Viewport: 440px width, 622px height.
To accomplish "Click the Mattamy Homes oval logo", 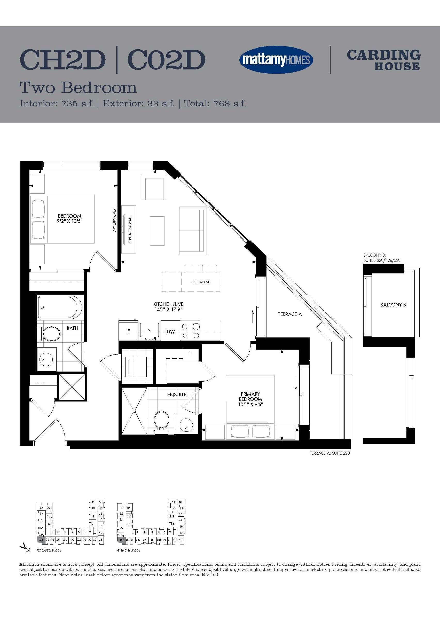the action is click(x=276, y=60).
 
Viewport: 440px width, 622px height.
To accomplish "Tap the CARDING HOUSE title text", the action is click(x=383, y=60).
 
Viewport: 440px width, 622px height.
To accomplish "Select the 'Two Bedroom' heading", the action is click(x=78, y=88).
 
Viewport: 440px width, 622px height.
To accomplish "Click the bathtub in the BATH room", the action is click(x=60, y=307).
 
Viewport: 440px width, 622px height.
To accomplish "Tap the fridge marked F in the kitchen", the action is click(x=129, y=331).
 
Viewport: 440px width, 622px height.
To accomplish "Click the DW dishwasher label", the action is click(x=170, y=331).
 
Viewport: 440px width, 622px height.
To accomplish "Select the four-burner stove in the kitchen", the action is click(x=191, y=331).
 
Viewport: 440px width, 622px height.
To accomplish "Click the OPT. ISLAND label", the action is click(x=201, y=282).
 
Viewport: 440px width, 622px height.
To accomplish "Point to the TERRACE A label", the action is click(x=290, y=314).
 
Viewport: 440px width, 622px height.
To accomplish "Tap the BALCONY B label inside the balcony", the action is click(x=393, y=305).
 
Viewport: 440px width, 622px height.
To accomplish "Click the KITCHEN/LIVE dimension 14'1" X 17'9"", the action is click(x=168, y=309).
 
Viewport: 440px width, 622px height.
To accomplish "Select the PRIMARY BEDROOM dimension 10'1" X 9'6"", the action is click(x=250, y=404).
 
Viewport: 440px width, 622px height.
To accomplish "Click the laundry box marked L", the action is click(x=191, y=354).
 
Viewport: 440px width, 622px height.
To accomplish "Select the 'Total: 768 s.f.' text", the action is click(x=215, y=103).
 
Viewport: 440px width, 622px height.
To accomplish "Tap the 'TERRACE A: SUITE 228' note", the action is click(x=330, y=453).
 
